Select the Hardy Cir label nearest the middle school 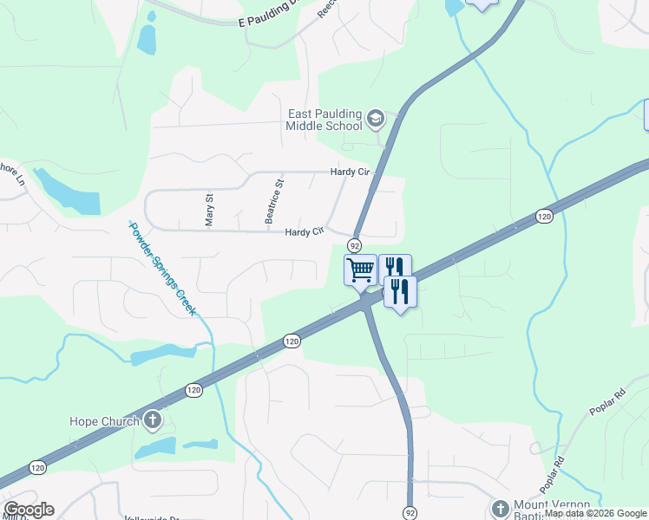[350, 172]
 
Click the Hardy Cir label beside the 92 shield [305, 231]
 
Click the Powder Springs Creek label [162, 269]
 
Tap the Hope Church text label [104, 422]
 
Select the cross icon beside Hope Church [153, 422]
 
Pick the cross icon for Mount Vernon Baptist [500, 509]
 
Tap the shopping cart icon [360, 269]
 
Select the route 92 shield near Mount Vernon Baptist [410, 512]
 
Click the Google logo [29, 510]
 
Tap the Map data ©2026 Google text [595, 514]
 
